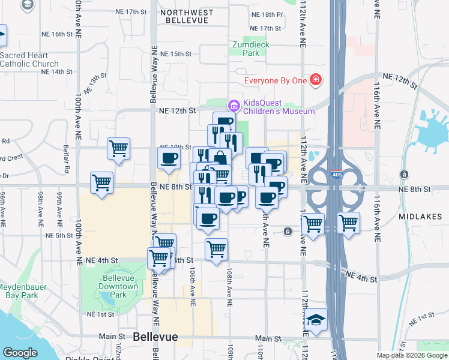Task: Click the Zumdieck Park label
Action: pos(252,49)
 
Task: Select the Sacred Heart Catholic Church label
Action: pos(29,59)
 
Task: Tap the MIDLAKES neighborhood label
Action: pos(420,216)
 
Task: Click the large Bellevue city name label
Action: pos(156,337)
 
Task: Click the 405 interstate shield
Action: pos(337,175)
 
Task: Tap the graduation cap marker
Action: pos(316,321)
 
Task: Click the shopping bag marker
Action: pos(220,158)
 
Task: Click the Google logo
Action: pos(20,353)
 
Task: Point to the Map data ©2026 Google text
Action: pos(411,355)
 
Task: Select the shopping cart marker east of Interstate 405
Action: pos(348,223)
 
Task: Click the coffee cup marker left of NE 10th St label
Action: pos(169,159)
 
